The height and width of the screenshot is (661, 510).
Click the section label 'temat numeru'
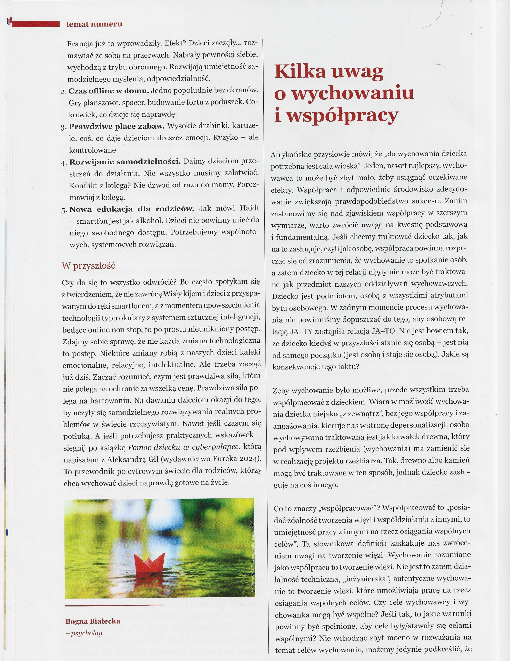click(x=94, y=24)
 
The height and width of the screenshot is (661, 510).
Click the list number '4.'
click(x=64, y=162)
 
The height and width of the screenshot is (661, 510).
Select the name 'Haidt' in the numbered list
click(x=249, y=209)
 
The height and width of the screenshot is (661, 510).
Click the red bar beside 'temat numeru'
click(x=35, y=23)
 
